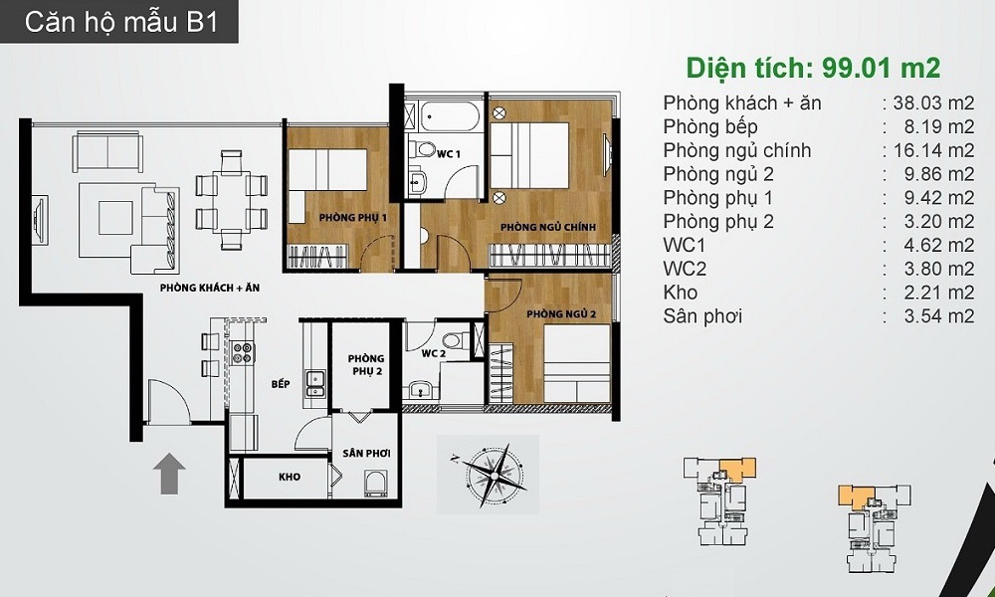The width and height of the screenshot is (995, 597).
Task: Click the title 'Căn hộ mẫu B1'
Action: [x=121, y=22]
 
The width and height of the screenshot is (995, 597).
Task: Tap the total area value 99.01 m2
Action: [x=881, y=68]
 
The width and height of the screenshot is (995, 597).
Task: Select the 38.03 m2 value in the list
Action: [x=933, y=102]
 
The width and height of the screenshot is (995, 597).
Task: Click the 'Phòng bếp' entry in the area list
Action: [x=710, y=127]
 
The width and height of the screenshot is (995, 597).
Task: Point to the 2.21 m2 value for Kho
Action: [x=939, y=293]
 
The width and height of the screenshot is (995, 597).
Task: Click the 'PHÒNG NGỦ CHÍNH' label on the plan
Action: [x=547, y=227]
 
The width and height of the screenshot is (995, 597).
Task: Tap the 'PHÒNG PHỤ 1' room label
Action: [x=353, y=218]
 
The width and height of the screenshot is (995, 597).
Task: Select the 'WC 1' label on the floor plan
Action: [x=449, y=154]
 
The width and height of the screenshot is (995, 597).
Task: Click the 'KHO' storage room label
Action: [x=290, y=477]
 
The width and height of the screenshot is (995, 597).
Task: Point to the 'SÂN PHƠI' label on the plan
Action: [x=366, y=454]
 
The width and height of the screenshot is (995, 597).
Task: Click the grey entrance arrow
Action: [x=169, y=474]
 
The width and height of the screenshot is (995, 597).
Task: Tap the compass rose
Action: [x=490, y=474]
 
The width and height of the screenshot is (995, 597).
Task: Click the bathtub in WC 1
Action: [x=446, y=116]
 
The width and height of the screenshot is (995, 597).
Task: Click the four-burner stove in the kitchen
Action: [x=243, y=353]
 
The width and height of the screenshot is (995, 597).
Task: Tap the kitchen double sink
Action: [x=315, y=383]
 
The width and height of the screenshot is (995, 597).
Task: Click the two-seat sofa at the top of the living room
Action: [x=107, y=152]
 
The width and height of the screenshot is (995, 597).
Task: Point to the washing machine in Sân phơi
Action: [x=376, y=484]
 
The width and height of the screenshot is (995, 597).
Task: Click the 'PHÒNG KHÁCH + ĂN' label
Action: [x=209, y=288]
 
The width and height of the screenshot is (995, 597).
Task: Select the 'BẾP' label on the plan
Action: [x=281, y=384]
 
